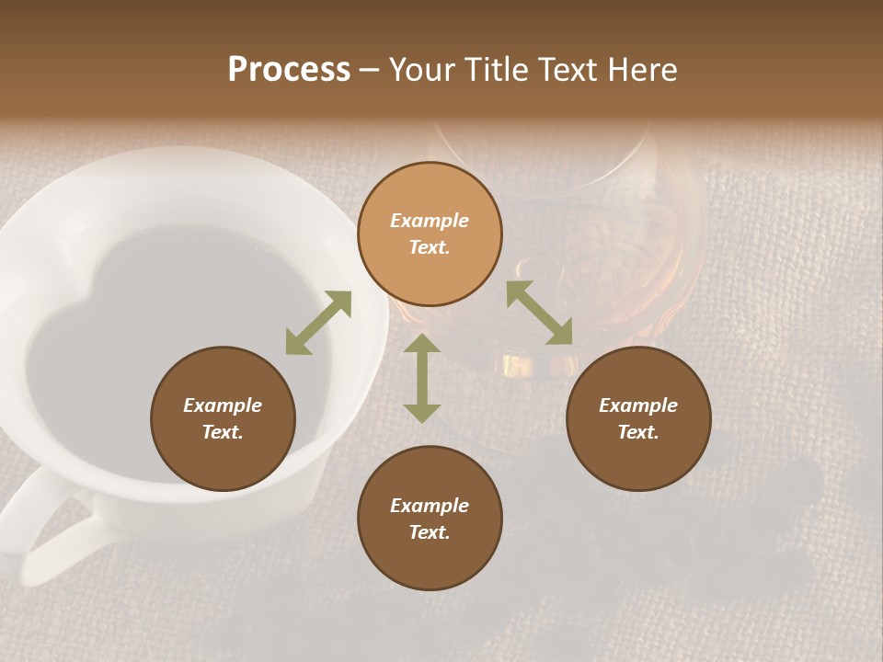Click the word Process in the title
[289, 70]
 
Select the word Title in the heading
[497, 70]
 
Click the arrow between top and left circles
[318, 323]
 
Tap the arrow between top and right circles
[539, 313]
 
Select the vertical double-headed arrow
[422, 378]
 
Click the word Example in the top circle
[430, 221]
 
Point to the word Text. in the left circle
[223, 432]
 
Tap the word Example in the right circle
[638, 405]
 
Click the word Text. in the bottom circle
[430, 532]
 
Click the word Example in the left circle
[223, 405]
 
